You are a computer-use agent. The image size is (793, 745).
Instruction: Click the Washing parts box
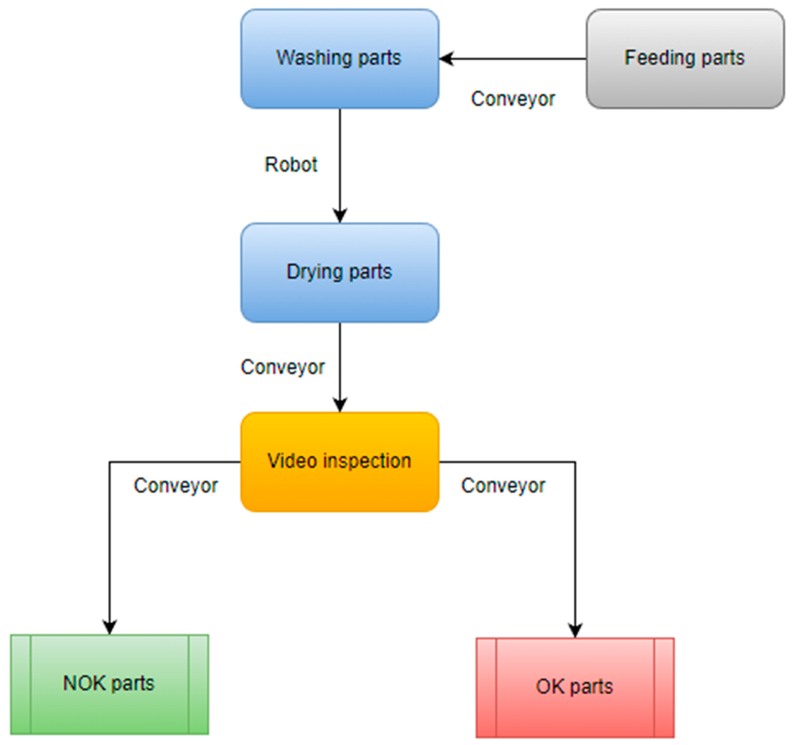pos(340,59)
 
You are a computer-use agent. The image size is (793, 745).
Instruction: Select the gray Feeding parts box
pos(685,59)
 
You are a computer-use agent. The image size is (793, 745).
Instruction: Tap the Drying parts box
pos(340,273)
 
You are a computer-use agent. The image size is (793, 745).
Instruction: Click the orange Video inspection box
pos(340,462)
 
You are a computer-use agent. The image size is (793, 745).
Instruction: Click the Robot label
pos(291,164)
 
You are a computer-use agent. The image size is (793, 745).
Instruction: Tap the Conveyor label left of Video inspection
pos(176,486)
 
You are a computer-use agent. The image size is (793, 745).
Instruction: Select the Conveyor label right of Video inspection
pos(503,486)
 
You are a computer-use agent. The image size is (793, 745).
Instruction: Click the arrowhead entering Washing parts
pos(446,59)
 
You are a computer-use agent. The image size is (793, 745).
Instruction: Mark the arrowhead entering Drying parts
pos(340,216)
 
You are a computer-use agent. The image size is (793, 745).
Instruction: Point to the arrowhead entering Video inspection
pos(340,405)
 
